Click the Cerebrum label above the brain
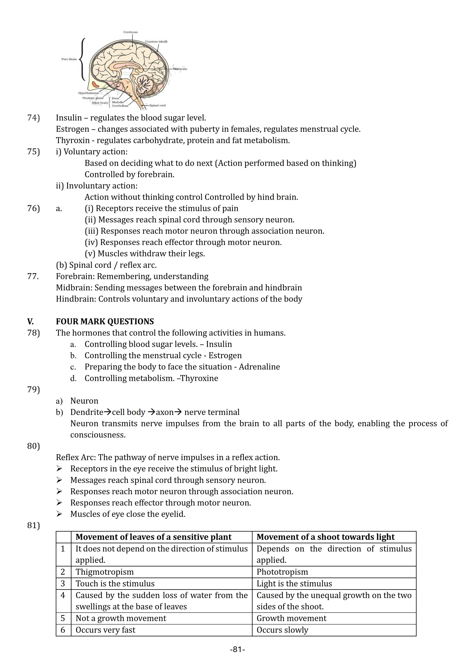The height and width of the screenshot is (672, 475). pyautogui.click(x=130, y=32)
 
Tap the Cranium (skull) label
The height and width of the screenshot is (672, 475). pyautogui.click(x=156, y=42)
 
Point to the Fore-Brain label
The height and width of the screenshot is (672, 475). pyautogui.click(x=69, y=59)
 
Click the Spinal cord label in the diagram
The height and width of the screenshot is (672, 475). pyautogui.click(x=158, y=105)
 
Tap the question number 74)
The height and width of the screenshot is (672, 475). pyautogui.click(x=33, y=118)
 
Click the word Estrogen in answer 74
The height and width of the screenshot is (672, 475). pyautogui.click(x=68, y=129)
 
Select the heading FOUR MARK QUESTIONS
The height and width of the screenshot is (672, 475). pyautogui.click(x=105, y=321)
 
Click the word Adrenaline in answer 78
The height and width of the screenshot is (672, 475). pyautogui.click(x=259, y=367)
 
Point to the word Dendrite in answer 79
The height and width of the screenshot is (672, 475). pyautogui.click(x=87, y=412)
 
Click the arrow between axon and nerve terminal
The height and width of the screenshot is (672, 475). pyautogui.click(x=178, y=412)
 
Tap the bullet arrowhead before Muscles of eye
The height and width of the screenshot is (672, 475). pyautogui.click(x=59, y=514)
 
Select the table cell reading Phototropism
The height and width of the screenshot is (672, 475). pyautogui.click(x=282, y=572)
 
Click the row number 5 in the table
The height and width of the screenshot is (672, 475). pyautogui.click(x=63, y=618)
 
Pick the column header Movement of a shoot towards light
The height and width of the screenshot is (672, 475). pyautogui.click(x=325, y=537)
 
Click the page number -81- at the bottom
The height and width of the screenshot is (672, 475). pyautogui.click(x=237, y=649)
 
